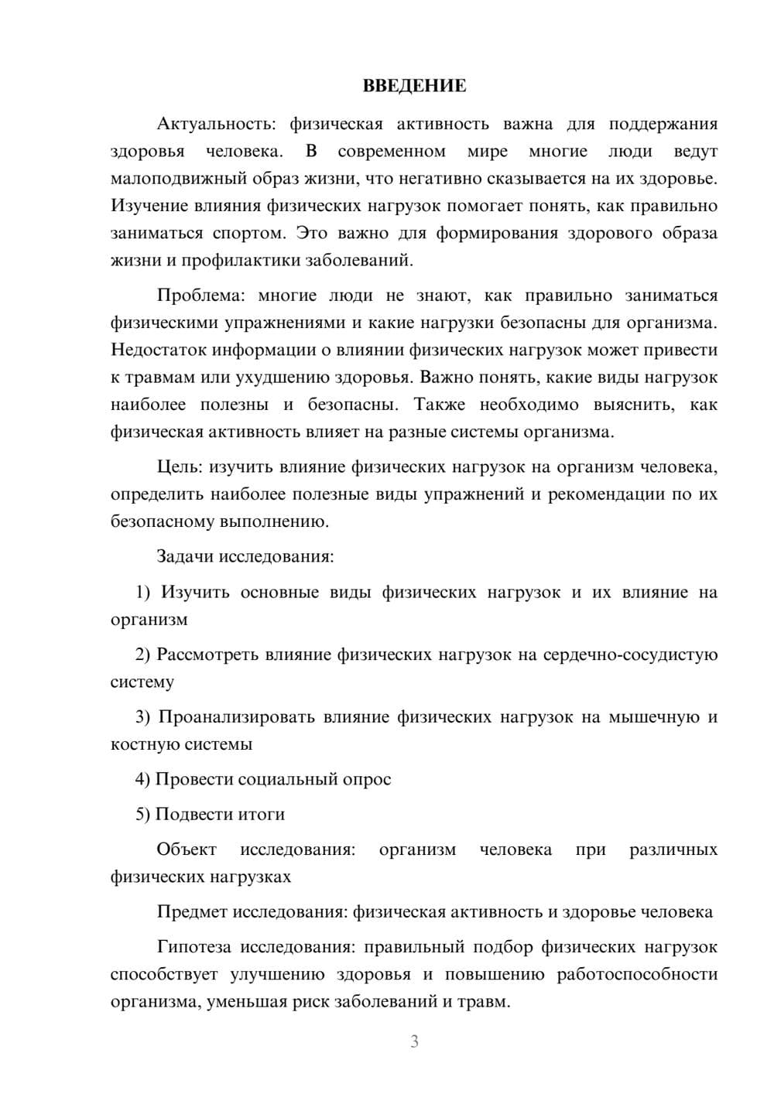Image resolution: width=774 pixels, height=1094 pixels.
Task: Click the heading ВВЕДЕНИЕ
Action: [414, 86]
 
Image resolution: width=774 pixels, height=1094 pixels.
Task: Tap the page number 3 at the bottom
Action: [414, 1041]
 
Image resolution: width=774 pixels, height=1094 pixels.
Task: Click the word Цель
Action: [180, 467]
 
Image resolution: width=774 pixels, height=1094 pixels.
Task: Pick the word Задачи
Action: [185, 556]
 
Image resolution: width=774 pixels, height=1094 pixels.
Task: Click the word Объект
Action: [187, 850]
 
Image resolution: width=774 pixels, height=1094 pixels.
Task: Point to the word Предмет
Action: [190, 911]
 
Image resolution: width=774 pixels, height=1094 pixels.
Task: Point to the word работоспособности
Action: [637, 974]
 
